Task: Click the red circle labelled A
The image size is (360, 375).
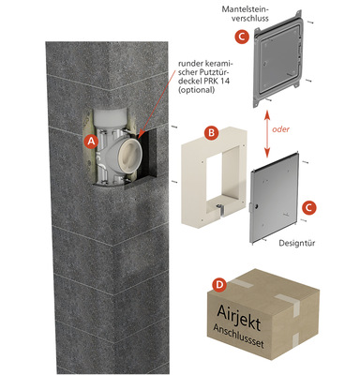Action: point(91,142)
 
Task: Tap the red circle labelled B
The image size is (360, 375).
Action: point(211,133)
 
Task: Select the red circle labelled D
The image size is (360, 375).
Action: point(219,284)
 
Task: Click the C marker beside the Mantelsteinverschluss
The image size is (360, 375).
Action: point(242,37)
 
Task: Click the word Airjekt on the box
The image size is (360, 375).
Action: point(238,316)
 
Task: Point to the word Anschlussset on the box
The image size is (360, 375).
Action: point(238,336)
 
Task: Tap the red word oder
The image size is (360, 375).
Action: point(280,129)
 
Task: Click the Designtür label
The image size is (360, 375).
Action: point(297,243)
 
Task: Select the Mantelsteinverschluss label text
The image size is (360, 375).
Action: point(245,13)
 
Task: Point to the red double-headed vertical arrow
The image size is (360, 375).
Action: point(267,133)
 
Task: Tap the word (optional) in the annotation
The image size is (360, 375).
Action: point(196,90)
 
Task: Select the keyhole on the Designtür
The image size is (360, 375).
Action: point(256,206)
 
